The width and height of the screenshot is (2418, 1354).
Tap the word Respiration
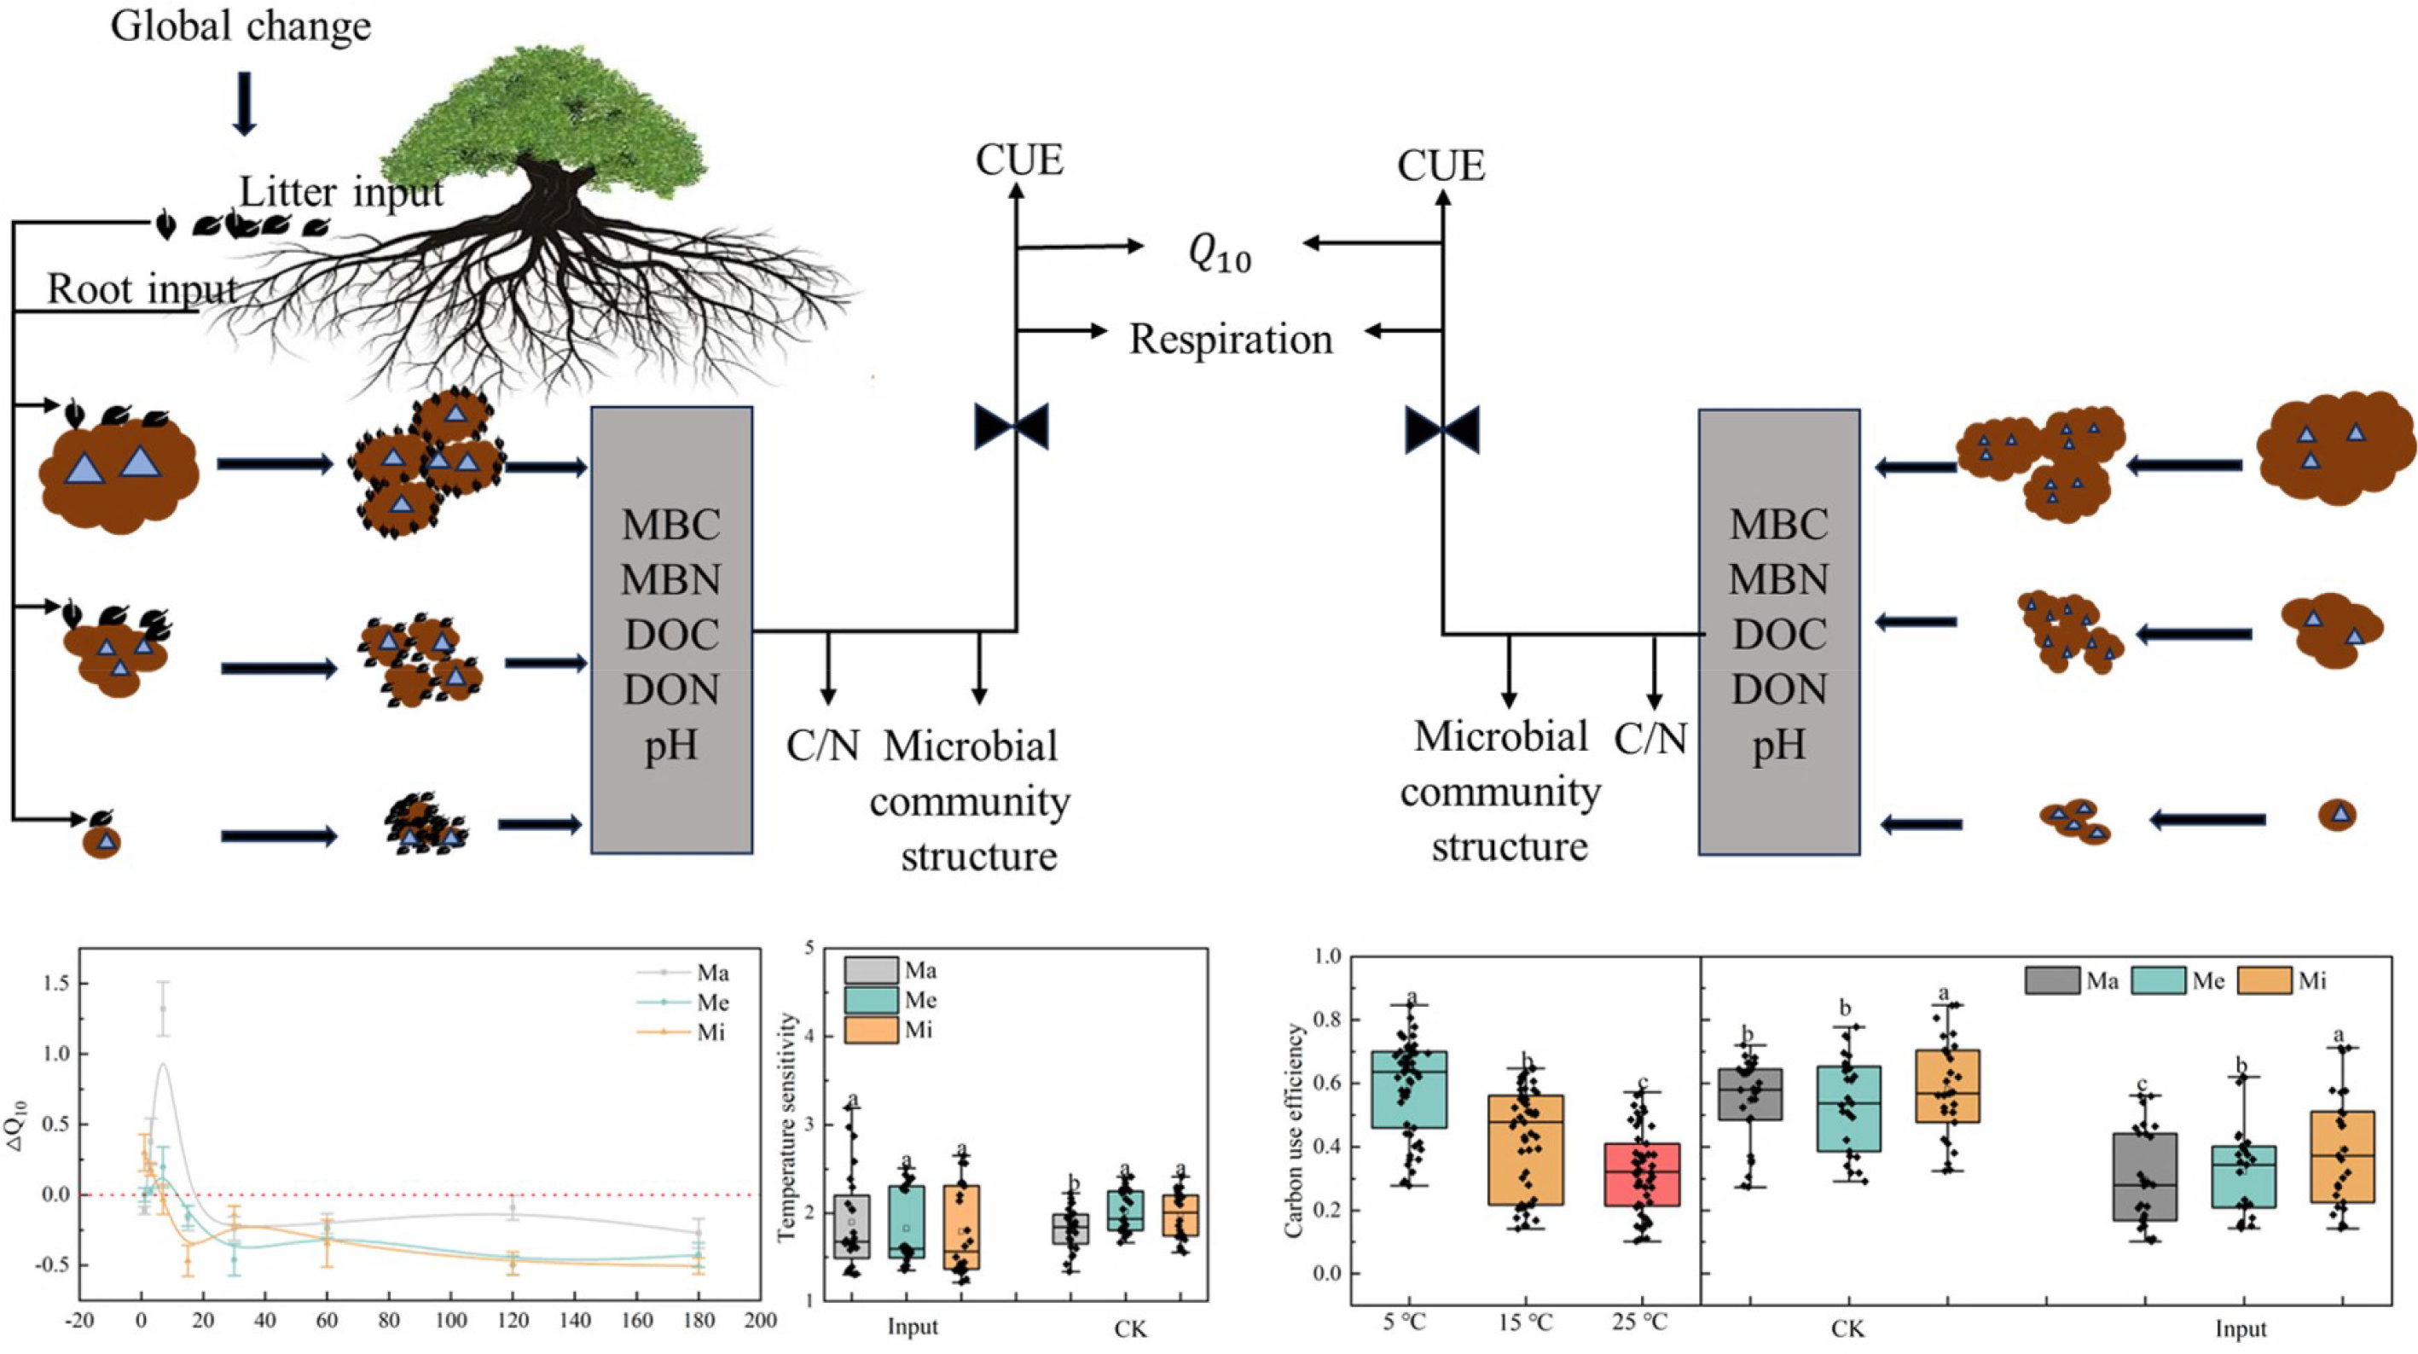coord(1230,339)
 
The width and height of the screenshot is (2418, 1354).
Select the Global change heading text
coord(241,26)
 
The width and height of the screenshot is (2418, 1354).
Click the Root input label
coord(142,289)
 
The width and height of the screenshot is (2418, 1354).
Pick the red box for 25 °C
coord(1642,1174)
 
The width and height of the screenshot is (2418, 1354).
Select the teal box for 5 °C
coord(1410,1089)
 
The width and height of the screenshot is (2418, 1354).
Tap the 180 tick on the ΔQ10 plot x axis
coord(699,1320)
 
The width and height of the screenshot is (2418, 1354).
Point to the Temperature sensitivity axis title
coord(787,1127)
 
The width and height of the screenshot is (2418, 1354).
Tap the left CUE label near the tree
coord(1018,160)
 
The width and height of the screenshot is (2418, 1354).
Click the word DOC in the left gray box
coord(671,636)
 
